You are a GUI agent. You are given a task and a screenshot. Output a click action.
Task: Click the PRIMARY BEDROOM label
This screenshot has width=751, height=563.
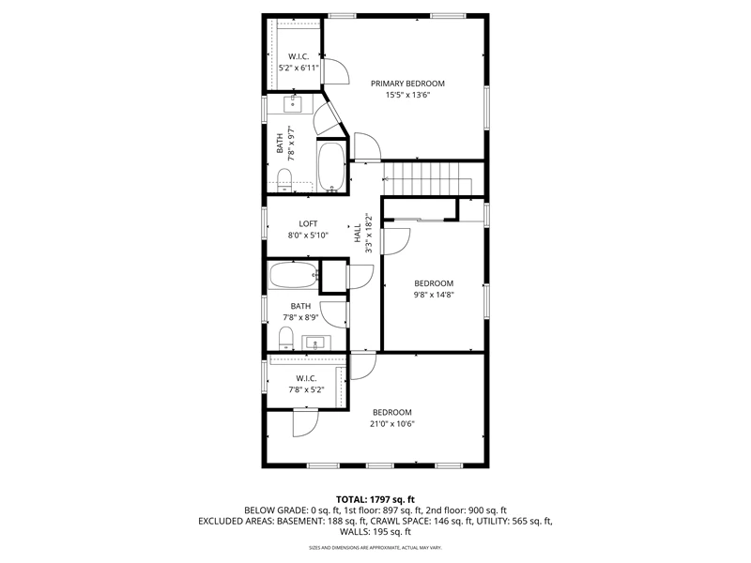pos(407,84)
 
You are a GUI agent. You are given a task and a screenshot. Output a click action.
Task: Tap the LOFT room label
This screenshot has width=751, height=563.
pos(308,223)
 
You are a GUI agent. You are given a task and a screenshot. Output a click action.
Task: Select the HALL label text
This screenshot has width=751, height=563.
pos(358,233)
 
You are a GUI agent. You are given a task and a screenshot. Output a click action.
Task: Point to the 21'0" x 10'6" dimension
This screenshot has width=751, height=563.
pos(391,424)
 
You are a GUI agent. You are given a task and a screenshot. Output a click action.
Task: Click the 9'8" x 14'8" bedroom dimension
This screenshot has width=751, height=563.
pos(434,295)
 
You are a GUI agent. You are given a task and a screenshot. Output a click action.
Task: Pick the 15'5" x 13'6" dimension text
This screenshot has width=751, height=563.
pos(407,95)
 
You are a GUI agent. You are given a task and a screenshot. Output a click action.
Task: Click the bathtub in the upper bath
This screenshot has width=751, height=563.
pos(331,166)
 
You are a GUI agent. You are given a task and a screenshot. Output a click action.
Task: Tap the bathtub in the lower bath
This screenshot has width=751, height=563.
pos(294,275)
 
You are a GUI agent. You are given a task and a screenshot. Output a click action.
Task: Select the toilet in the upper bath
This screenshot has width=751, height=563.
pos(284,180)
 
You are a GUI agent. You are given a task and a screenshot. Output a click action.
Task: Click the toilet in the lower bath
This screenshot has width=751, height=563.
pos(286,338)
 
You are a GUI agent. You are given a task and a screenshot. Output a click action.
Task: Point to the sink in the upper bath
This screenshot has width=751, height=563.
pos(292,104)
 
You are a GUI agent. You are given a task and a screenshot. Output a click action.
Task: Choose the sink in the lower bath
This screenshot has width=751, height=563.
pos(315,343)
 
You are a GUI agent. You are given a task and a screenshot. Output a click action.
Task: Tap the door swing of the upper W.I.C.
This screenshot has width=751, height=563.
pos(336,71)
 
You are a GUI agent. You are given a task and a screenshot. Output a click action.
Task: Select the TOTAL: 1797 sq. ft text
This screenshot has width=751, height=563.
pos(375,500)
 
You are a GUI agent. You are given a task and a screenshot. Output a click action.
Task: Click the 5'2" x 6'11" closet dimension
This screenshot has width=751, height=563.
pos(299,68)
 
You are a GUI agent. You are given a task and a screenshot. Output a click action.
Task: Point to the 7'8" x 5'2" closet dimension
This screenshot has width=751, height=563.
pos(306,389)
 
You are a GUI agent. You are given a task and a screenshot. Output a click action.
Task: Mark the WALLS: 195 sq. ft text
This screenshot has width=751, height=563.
pos(375,531)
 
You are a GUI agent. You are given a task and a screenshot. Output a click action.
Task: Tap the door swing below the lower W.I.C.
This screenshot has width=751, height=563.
pos(306,424)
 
